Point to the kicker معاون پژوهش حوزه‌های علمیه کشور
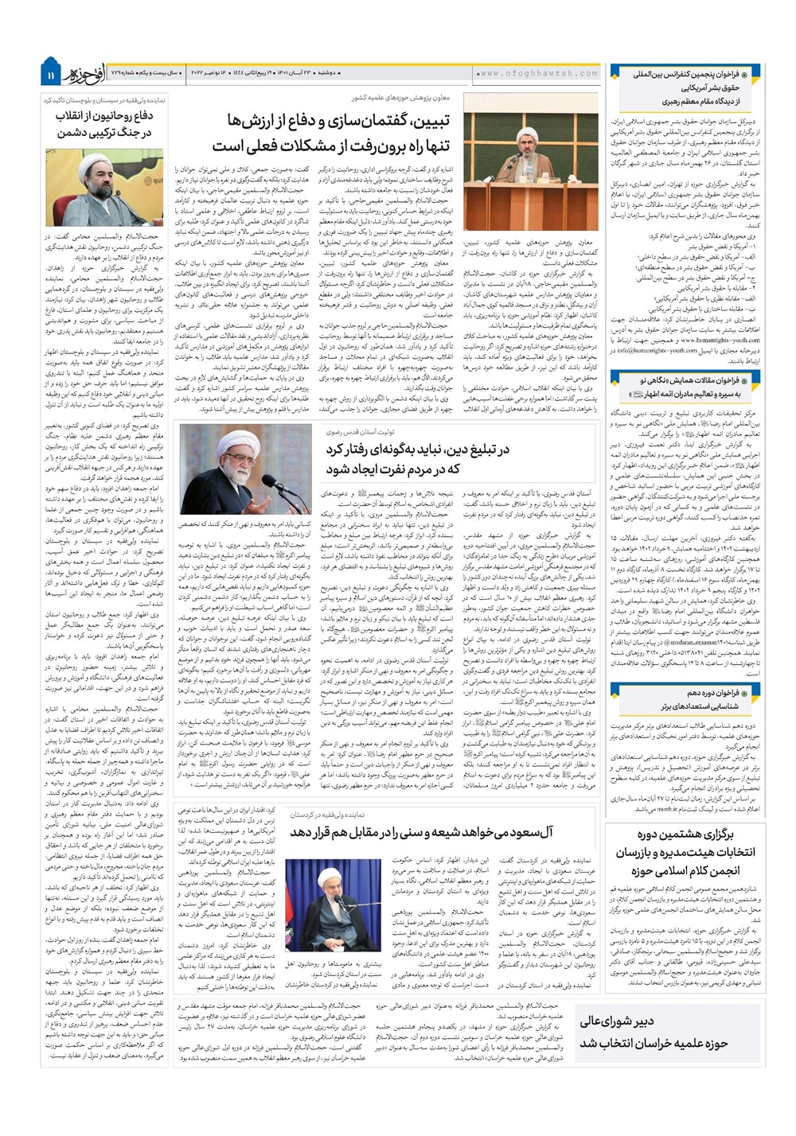[400, 98]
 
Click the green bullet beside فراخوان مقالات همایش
[751, 381]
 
